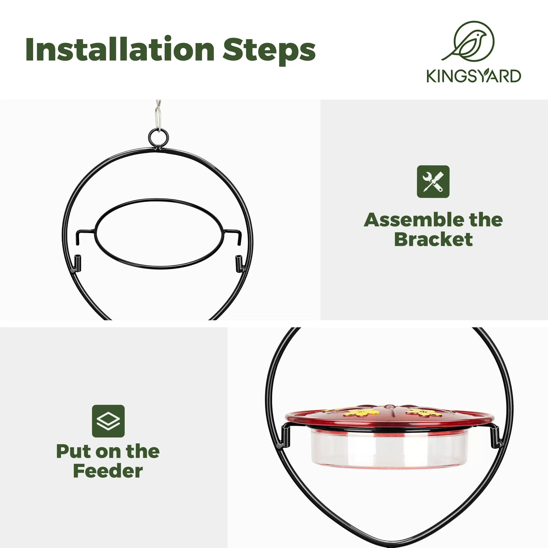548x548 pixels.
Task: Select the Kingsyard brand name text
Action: tap(474, 76)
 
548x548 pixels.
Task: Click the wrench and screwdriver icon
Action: tap(433, 182)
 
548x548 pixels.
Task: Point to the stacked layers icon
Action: tap(108, 421)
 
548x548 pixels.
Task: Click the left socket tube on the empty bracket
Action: tap(77, 262)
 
